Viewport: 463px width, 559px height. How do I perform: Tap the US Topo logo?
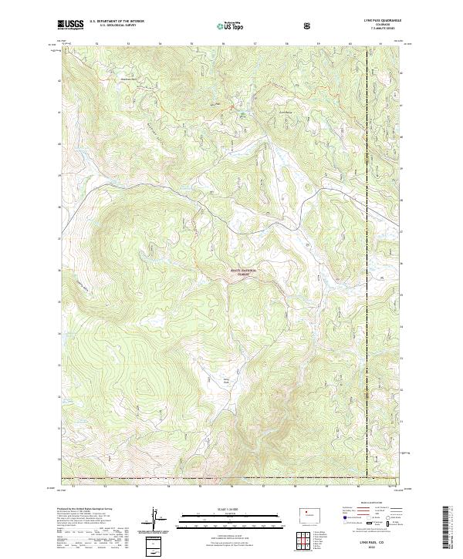point(229,25)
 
